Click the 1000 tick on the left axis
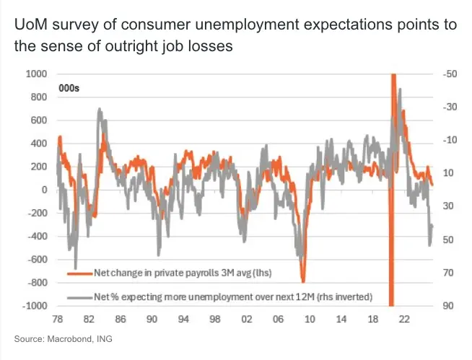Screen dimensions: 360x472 coord(36,74)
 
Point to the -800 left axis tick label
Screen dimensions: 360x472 coord(36,283)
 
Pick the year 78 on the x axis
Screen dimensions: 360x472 coord(56,318)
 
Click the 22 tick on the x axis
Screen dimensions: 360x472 coord(406,318)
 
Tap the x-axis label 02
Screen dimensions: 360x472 coord(247,318)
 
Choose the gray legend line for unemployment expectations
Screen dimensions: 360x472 coord(80,296)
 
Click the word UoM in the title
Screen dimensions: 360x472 coord(30,26)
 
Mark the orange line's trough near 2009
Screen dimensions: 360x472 coord(303,281)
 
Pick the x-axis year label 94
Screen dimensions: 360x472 coord(183,318)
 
